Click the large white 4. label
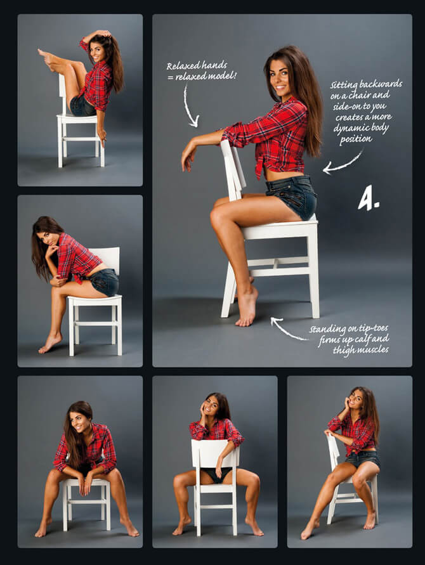pyautogui.click(x=368, y=198)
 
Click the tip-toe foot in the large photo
pyautogui.click(x=247, y=307)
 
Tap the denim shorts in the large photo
pyautogui.click(x=292, y=197)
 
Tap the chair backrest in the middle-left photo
pyautogui.click(x=107, y=258)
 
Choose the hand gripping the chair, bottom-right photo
pyautogui.click(x=329, y=433)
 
